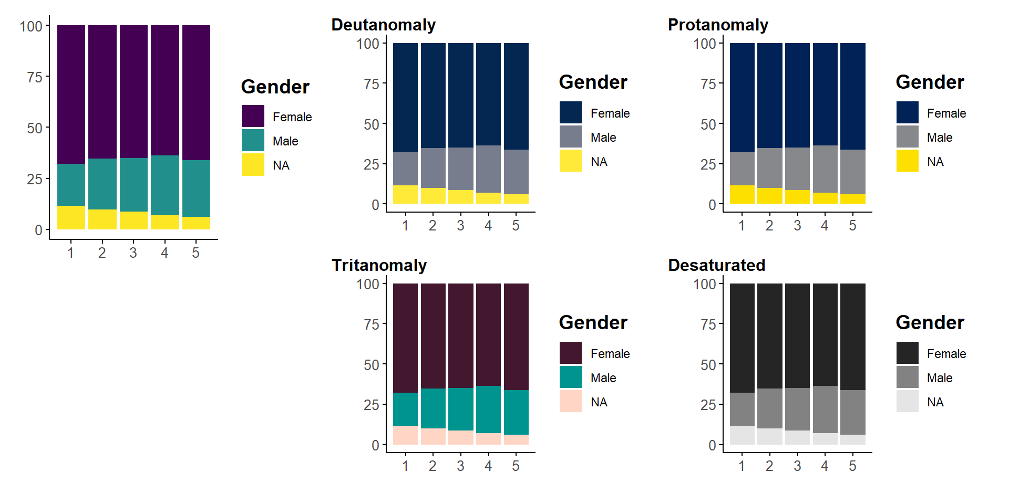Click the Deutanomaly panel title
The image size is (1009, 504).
tap(383, 25)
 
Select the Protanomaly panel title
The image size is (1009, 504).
tap(718, 25)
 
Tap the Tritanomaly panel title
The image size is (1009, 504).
tap(379, 265)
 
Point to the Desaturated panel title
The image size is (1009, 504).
tap(716, 265)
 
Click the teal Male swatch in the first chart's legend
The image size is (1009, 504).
tap(253, 141)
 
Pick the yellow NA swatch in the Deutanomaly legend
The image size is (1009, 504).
tap(571, 161)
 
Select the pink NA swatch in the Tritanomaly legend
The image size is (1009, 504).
tap(571, 402)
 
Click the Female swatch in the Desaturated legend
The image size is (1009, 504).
tap(908, 353)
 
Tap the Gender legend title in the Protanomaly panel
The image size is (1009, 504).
tap(930, 82)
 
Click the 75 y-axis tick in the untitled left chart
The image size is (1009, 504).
tap(35, 77)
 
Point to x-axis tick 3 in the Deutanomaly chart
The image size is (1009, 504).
tap(460, 226)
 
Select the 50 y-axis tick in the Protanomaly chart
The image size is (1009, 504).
tap(708, 124)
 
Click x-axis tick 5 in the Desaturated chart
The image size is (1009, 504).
tap(852, 466)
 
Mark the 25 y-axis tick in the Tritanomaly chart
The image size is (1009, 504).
tap(372, 405)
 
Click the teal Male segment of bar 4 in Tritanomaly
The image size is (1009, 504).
tap(488, 409)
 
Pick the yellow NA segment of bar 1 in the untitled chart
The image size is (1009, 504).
tap(71, 217)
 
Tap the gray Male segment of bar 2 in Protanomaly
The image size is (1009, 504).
tap(769, 168)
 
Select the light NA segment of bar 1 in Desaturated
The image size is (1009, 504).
tap(742, 435)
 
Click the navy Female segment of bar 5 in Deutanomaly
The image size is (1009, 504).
tap(516, 96)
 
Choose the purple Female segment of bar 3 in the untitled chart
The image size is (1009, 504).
tap(133, 91)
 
